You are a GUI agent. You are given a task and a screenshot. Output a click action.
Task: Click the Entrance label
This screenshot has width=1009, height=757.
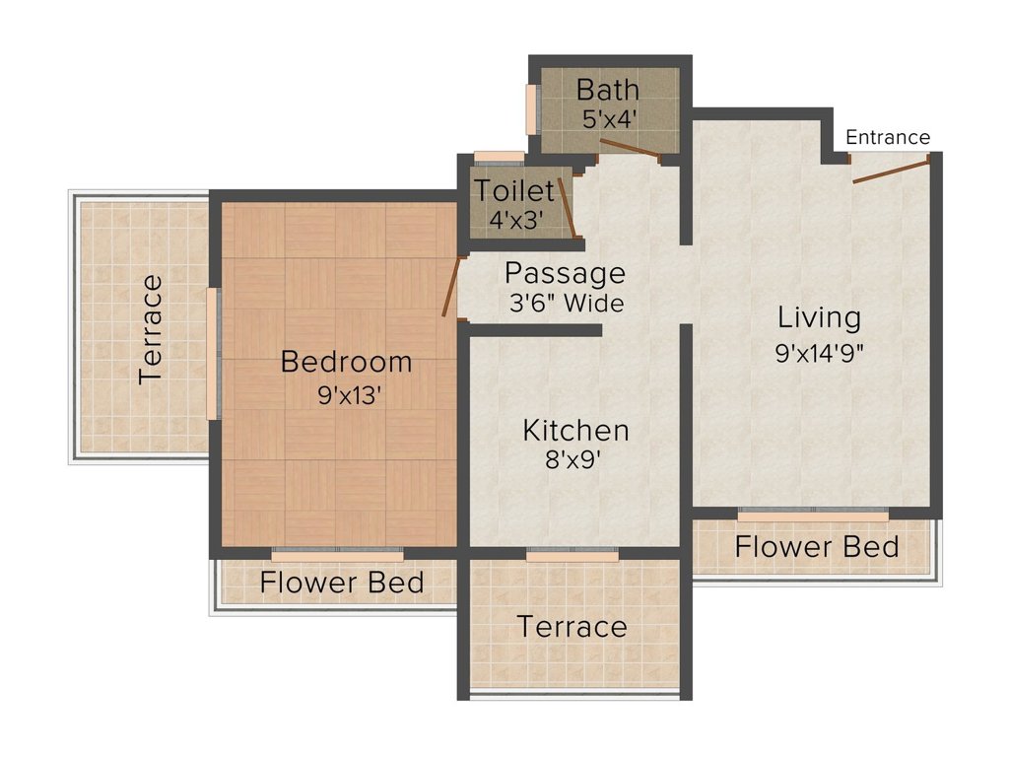[x=888, y=137]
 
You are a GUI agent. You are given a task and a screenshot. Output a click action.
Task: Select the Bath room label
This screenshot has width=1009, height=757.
[x=607, y=90]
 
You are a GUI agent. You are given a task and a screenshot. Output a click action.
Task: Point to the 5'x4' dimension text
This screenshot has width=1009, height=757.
[x=609, y=119]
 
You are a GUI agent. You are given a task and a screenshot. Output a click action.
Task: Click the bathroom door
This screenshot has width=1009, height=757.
[x=630, y=148]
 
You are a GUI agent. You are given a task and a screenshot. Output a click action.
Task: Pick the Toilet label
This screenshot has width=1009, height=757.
[x=514, y=190]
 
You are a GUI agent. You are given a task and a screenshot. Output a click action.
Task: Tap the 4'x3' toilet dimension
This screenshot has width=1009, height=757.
[x=516, y=220]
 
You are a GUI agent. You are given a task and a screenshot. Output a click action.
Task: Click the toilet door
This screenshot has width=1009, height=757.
[x=567, y=207]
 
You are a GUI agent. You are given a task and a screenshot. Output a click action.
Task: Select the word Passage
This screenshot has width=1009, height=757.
[x=565, y=274]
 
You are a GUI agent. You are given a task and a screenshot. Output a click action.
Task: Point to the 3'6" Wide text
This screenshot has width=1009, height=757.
[x=567, y=303]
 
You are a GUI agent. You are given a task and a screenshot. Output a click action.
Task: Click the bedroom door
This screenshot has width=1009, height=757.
[x=451, y=287]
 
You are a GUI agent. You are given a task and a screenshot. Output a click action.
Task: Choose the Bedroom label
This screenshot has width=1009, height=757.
[x=346, y=362]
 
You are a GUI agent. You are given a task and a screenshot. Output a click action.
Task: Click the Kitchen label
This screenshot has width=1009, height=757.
[x=575, y=431]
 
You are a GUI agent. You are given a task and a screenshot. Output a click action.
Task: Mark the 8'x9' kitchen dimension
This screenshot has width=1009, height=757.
[x=572, y=459]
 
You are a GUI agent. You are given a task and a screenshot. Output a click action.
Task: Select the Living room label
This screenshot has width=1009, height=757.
[x=819, y=318]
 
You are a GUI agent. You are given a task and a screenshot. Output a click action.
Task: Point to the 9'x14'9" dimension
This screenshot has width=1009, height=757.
[x=819, y=353]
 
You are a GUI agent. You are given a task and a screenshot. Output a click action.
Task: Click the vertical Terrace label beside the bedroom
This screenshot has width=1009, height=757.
[x=151, y=329]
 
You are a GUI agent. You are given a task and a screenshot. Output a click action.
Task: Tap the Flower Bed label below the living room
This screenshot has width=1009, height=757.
[x=817, y=547]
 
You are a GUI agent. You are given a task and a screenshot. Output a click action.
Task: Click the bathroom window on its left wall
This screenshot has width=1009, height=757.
[x=532, y=109]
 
